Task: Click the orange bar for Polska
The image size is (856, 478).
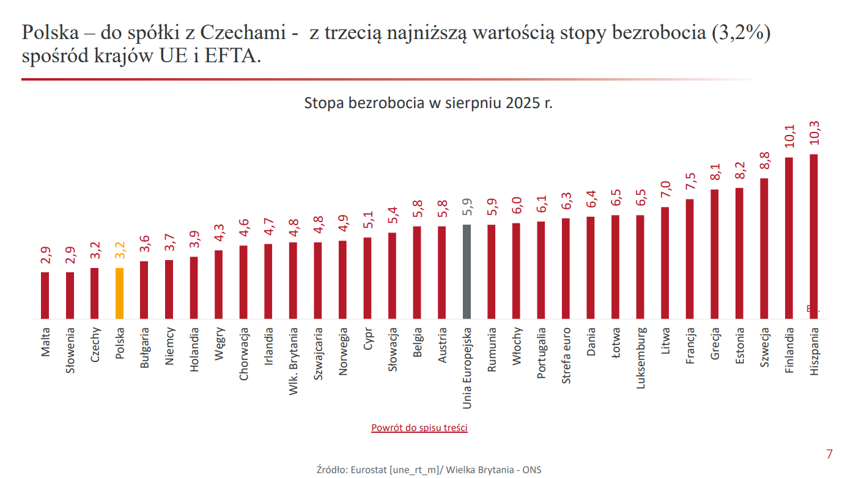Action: [119, 293]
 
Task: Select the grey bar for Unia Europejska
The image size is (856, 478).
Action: [467, 272]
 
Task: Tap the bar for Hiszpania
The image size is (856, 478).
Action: [813, 236]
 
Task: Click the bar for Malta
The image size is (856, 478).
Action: [45, 295]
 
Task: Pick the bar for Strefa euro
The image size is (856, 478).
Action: [566, 269]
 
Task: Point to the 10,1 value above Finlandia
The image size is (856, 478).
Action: [789, 137]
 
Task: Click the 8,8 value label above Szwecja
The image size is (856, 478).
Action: [764, 162]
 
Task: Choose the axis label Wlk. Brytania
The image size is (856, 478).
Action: [293, 361]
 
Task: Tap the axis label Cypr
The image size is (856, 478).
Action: [367, 339]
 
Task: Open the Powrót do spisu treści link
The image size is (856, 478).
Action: [419, 428]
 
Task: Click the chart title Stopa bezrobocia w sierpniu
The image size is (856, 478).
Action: [428, 103]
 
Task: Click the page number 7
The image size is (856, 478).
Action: [829, 454]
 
